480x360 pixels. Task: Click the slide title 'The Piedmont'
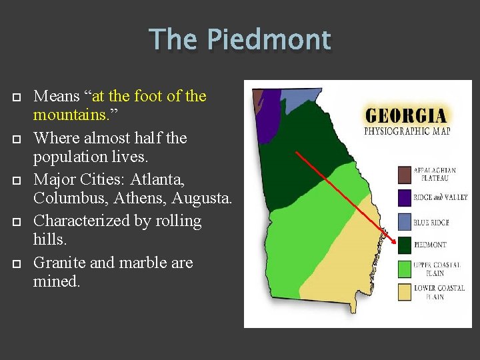tap(240, 39)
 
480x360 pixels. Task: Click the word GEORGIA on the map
tap(406, 114)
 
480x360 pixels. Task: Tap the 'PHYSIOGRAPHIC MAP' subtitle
tap(407, 131)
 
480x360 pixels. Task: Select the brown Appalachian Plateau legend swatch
tap(405, 174)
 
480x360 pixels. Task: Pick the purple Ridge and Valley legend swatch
tap(405, 198)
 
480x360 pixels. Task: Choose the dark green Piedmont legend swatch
tap(405, 245)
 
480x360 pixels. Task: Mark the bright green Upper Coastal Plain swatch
tap(405, 269)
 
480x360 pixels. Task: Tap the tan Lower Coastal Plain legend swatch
tap(405, 292)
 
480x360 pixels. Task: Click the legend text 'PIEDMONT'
tap(431, 245)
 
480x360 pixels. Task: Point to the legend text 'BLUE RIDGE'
tap(431, 222)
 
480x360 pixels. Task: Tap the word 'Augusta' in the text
tap(202, 199)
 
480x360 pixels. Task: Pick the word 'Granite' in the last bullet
tap(59, 263)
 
